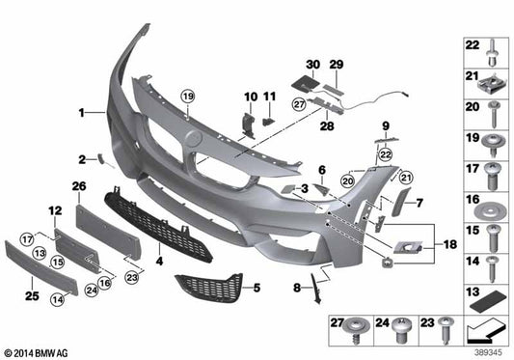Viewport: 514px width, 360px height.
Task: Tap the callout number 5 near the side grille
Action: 257,288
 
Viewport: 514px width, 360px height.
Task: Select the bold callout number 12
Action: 54,209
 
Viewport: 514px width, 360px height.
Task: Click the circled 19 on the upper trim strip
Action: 187,95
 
